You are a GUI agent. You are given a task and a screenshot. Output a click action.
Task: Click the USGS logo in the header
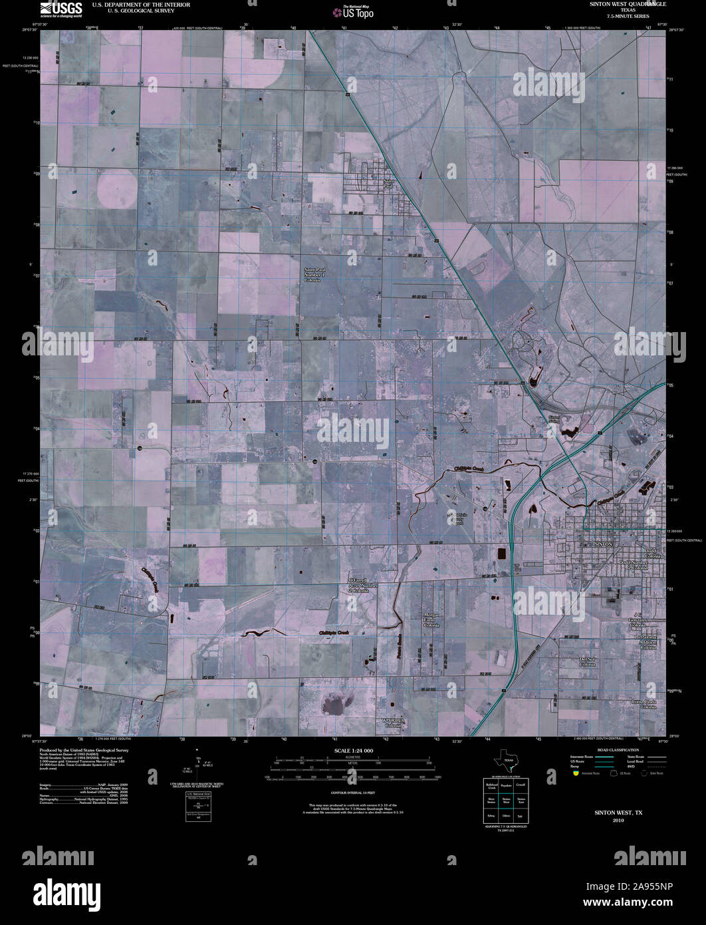tap(61, 9)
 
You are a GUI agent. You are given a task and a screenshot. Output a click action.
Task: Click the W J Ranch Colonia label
tap(393, 723)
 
